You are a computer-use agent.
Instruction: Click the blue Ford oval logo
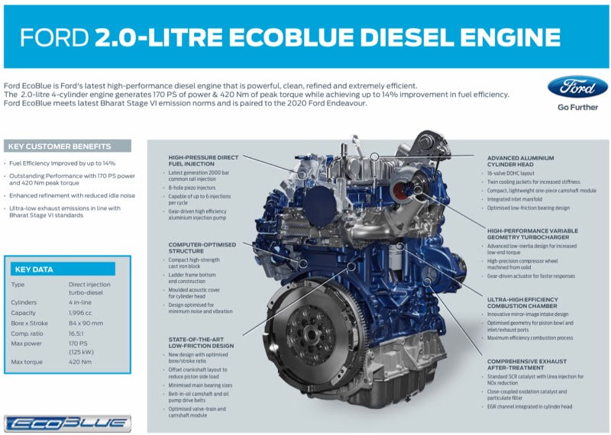pos(577,87)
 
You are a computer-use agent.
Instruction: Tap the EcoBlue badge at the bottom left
pos(67,424)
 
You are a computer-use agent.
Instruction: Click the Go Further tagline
pos(577,107)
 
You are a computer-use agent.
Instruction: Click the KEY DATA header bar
pos(63,269)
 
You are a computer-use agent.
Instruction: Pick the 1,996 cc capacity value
pos(80,313)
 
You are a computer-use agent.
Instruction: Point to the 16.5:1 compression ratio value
pos(76,333)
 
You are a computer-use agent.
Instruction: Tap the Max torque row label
pos(27,362)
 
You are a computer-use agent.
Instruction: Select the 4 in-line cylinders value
pos(80,302)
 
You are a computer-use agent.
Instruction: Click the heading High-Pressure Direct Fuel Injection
pos(203,160)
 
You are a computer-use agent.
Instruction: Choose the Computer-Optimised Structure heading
pos(202,248)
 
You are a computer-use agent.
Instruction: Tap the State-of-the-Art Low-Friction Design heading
pos(201,343)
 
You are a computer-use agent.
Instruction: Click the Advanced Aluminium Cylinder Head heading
pos(520,161)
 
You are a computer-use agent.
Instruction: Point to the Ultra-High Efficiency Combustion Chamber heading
pos(522,302)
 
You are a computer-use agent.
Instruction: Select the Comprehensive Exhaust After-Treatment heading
pos(527,365)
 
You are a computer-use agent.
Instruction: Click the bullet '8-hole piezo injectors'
pos(192,188)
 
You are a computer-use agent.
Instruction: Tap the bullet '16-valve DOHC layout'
pos(510,173)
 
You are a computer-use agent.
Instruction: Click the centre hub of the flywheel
pos(311,334)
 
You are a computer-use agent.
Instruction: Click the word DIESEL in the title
pos(407,37)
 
